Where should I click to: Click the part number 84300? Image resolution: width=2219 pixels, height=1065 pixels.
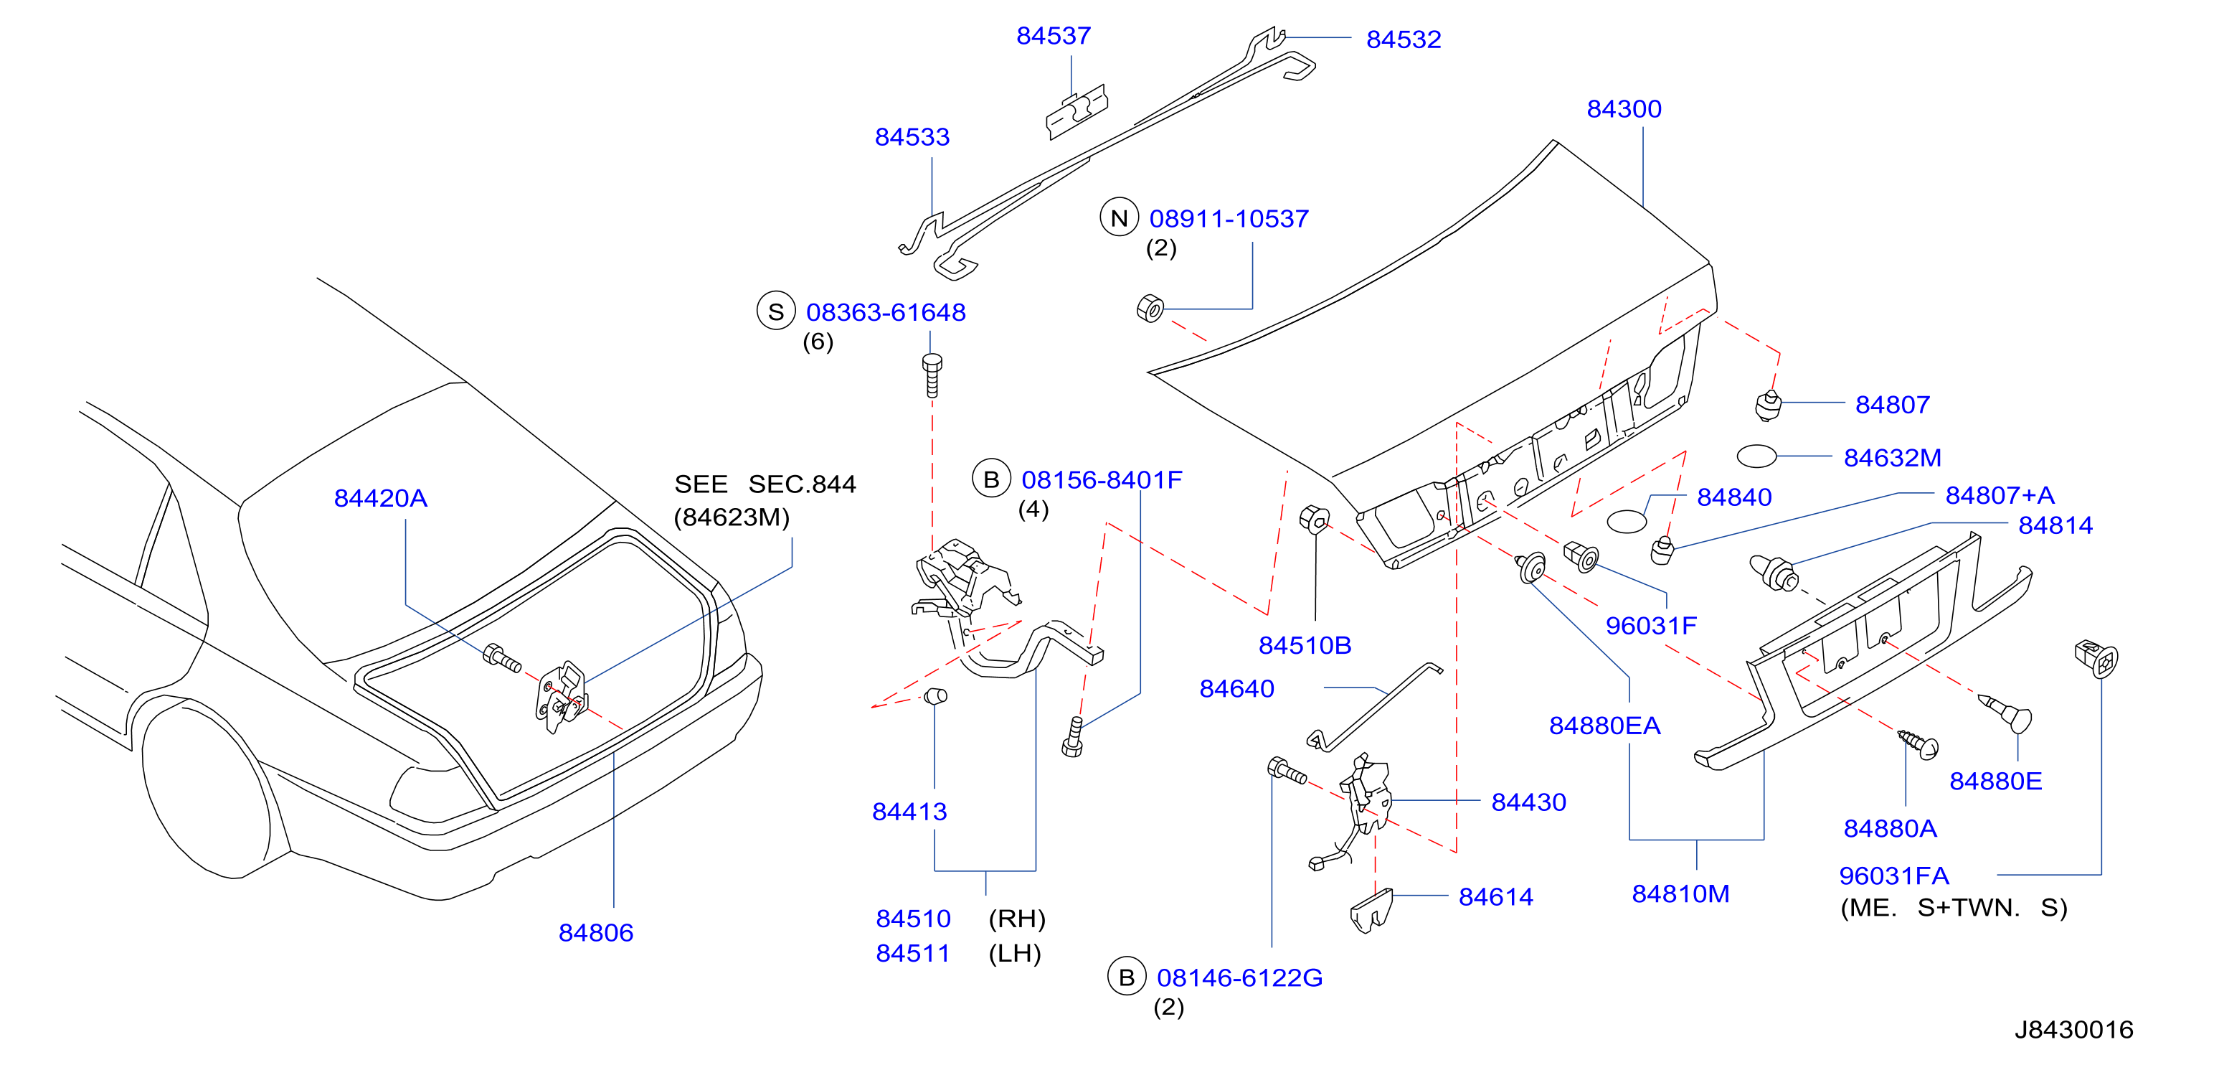pos(1624,109)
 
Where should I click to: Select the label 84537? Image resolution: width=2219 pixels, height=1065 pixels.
pos(1054,36)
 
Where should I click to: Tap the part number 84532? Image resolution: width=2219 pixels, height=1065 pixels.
pos(1404,39)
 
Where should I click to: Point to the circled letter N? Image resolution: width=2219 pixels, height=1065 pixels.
pos(1119,218)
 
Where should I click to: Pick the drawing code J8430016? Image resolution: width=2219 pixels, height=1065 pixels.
pos(2073,1030)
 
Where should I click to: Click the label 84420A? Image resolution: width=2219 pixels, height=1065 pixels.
pos(380,498)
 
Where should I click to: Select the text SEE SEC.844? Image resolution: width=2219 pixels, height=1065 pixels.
pos(765,484)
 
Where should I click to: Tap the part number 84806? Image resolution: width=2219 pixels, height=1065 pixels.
pos(595,932)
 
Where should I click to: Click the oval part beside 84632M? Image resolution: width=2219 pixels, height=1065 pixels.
pos(1756,456)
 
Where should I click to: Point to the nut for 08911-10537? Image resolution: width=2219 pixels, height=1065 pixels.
pos(1150,308)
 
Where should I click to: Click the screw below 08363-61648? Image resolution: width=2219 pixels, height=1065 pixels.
pos(931,375)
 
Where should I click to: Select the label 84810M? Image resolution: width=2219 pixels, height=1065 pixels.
pos(1680,893)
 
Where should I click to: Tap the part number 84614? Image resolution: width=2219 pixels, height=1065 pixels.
pos(1495,897)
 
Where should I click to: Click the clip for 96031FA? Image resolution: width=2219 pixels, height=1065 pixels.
pos(2096,659)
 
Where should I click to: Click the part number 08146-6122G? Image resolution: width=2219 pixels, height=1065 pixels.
pos(1239,978)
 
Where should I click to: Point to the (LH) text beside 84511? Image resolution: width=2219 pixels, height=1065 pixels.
pos(1015,954)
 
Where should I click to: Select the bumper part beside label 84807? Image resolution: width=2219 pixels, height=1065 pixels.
pos(1768,405)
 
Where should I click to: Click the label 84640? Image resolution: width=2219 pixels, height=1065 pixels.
pos(1236,688)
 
